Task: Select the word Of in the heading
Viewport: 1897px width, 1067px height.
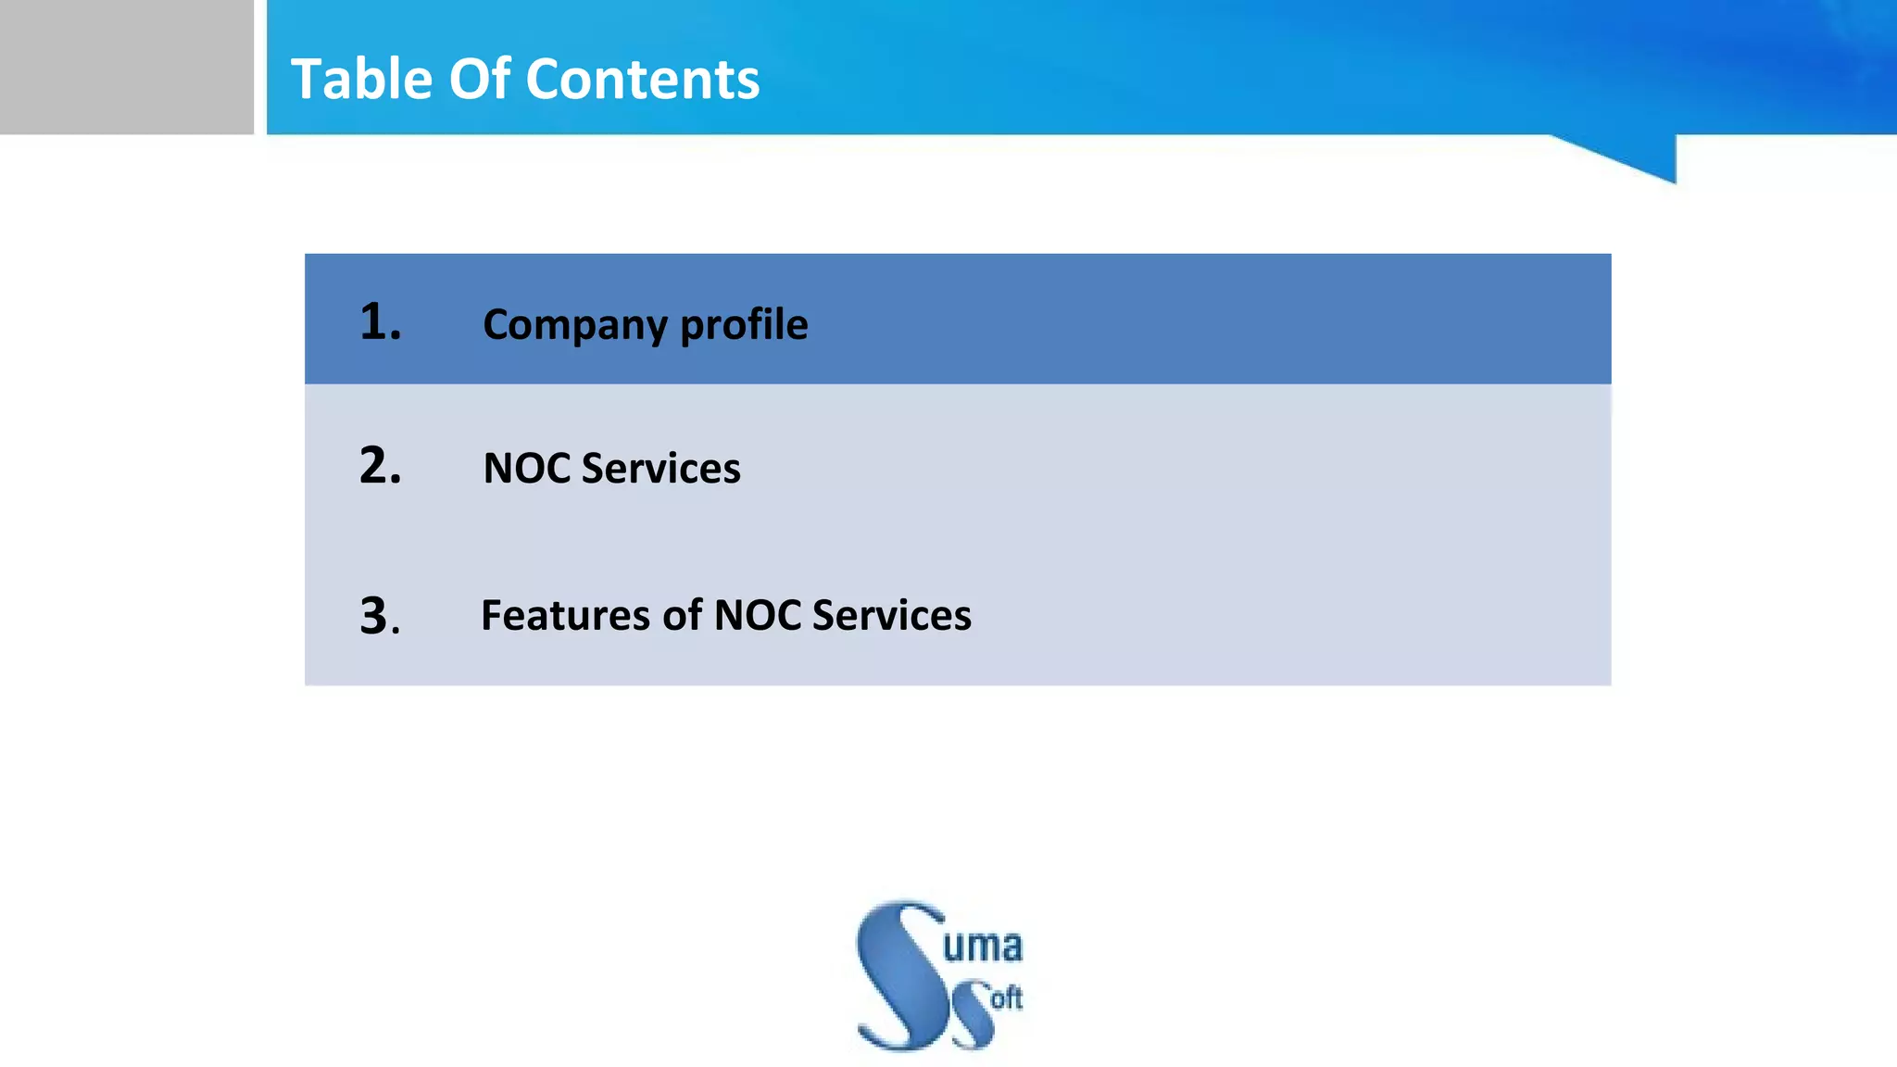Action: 479,79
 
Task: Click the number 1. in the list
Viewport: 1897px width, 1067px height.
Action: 380,322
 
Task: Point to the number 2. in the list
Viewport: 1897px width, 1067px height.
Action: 380,465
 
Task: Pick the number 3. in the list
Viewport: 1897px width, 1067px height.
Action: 380,616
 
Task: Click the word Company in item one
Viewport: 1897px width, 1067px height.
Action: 574,325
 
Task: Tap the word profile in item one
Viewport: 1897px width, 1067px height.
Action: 744,325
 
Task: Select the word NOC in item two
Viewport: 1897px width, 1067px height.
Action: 527,468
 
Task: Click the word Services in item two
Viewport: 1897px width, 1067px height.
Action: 660,468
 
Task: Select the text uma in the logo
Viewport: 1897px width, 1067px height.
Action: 982,946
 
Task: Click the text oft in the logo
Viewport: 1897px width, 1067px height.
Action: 1006,998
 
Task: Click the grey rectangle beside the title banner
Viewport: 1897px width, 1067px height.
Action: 126,67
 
